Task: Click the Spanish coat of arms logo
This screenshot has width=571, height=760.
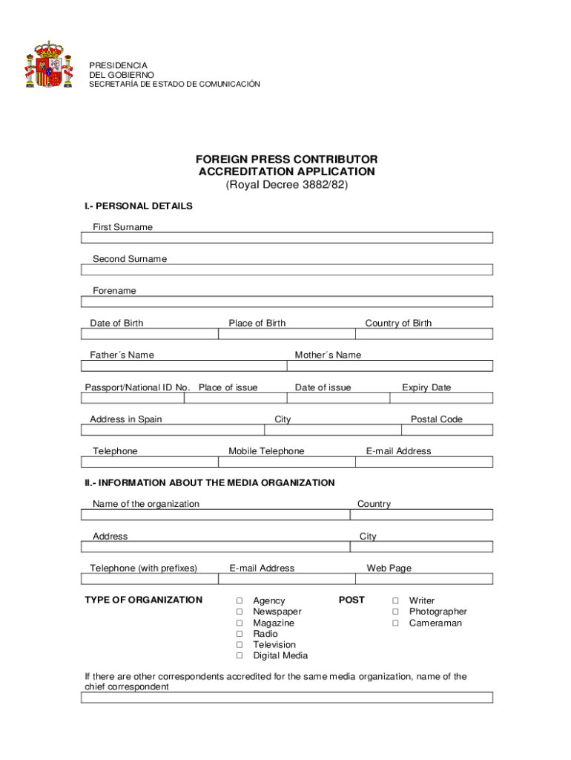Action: pos(49,65)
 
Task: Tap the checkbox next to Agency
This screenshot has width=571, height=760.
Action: pos(240,600)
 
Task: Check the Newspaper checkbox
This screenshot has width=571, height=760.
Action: pos(240,612)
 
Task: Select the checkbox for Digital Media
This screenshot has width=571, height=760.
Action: pos(240,656)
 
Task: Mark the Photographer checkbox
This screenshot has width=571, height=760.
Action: pos(396,612)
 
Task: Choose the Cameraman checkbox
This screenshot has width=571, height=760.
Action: pos(396,623)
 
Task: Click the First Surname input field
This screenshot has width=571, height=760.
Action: pos(286,238)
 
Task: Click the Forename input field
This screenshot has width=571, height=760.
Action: pos(286,302)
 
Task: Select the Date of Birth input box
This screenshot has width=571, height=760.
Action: pos(149,334)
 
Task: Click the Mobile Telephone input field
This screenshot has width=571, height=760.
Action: pos(286,462)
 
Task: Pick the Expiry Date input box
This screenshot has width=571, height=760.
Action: pos(440,398)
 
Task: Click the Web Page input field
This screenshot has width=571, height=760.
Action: pos(423,579)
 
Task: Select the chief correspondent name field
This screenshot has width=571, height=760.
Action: pos(286,698)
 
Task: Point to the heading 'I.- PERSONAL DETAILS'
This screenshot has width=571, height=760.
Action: pos(139,206)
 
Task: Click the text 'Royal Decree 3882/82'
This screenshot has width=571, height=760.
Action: pos(286,185)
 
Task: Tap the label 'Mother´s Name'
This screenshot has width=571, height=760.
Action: pos(328,355)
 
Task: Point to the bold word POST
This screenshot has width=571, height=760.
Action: pos(351,600)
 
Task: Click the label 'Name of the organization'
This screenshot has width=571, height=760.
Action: pos(146,504)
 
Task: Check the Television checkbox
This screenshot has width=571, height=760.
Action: pos(240,645)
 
